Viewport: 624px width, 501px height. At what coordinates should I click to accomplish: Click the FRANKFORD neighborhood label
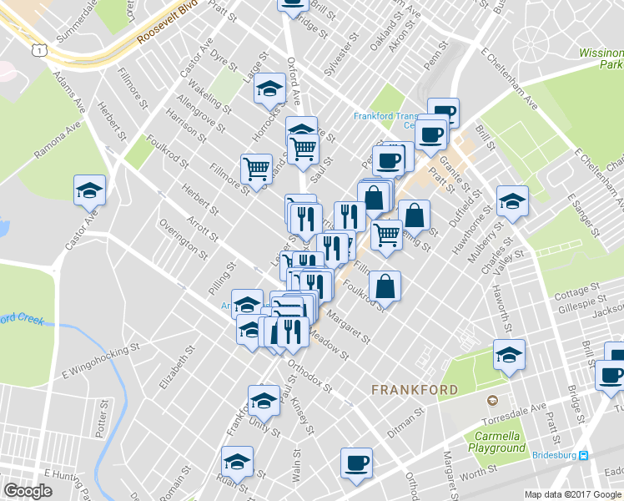(414, 389)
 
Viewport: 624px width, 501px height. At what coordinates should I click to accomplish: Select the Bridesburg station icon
(584, 455)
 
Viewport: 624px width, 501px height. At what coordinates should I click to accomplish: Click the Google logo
(28, 491)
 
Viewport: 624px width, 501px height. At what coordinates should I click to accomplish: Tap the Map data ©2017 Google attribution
(572, 494)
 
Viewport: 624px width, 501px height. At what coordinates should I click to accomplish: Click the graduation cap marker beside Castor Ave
(89, 190)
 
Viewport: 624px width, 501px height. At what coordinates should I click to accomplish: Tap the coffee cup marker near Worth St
(356, 463)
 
